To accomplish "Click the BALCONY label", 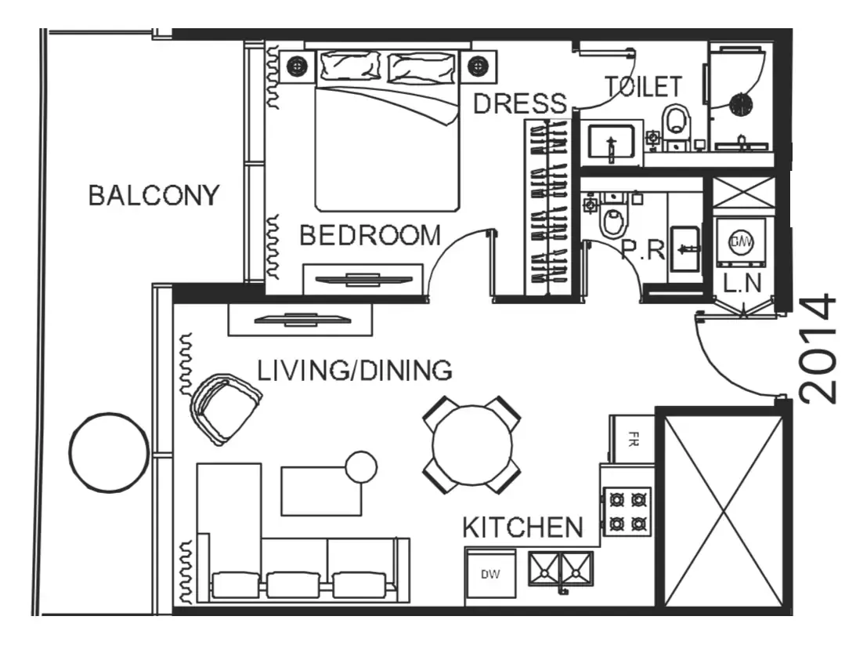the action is [154, 195].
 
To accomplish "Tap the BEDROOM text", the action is [370, 235].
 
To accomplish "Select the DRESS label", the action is [520, 103].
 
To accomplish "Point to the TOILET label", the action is [643, 87].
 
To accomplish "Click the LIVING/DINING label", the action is [355, 371].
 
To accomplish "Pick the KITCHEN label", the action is [522, 528].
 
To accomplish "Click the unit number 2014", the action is [818, 349].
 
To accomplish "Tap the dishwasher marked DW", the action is [490, 574].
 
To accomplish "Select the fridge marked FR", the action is [632, 439].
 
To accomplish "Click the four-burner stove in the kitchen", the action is [627, 511].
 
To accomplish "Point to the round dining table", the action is [472, 444].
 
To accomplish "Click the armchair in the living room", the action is [224, 408].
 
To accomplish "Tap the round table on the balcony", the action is [109, 452].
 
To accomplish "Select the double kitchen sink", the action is [560, 569].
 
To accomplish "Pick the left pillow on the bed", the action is [349, 66].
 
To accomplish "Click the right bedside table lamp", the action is [479, 67].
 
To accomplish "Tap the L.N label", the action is [742, 283].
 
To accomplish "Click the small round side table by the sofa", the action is [361, 467].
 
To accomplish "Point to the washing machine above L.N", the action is [741, 241].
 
